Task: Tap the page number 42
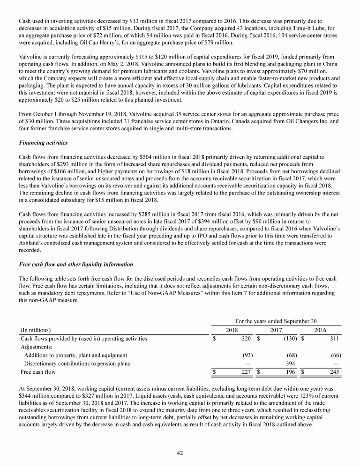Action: pyautogui.click(x=180, y=452)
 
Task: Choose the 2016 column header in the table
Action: pyautogui.click(x=320, y=330)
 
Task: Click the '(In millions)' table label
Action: pyautogui.click(x=36, y=330)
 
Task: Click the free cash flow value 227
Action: pyautogui.click(x=246, y=372)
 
